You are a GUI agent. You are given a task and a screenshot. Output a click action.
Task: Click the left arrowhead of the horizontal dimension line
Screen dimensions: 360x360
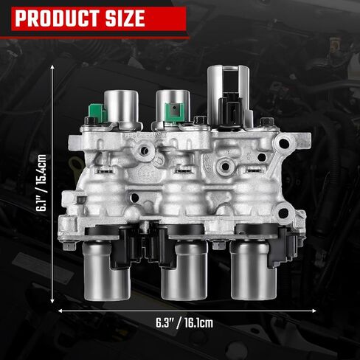click(61, 311)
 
